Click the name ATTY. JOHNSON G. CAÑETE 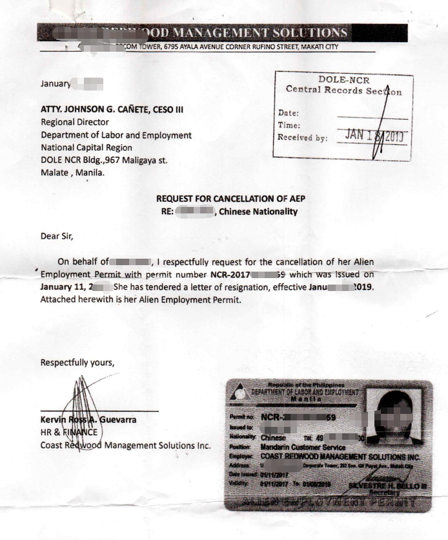(x=112, y=109)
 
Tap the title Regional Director (x=75, y=122)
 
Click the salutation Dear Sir (x=57, y=236)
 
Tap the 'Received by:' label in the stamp (x=302, y=137)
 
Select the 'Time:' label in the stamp (x=289, y=125)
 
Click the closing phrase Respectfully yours (x=77, y=362)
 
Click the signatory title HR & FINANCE (x=69, y=432)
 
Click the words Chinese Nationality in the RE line (x=258, y=211)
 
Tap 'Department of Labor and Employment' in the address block (x=116, y=135)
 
